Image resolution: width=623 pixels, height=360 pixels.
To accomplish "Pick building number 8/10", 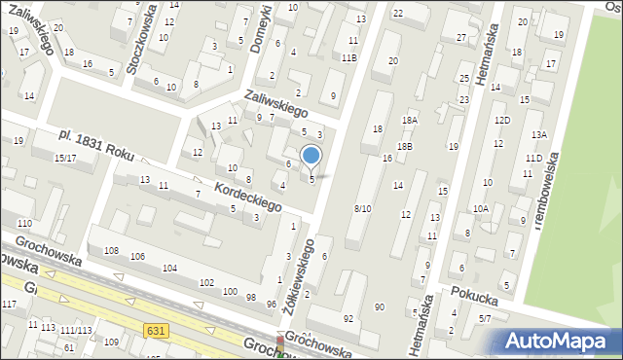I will (x=362, y=208).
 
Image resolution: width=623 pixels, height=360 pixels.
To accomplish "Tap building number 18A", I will (x=410, y=120).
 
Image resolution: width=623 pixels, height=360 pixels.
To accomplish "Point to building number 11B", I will (x=348, y=57).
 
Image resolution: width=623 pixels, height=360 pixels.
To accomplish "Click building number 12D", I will (x=501, y=120).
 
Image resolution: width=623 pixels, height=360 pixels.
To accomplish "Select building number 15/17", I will (x=65, y=158).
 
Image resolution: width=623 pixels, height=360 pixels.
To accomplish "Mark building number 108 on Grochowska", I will (x=111, y=251).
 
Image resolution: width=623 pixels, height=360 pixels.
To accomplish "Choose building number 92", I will (x=348, y=318).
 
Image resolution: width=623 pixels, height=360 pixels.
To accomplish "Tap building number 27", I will (x=461, y=38).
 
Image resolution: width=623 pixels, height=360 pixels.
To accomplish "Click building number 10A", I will (x=481, y=208).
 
